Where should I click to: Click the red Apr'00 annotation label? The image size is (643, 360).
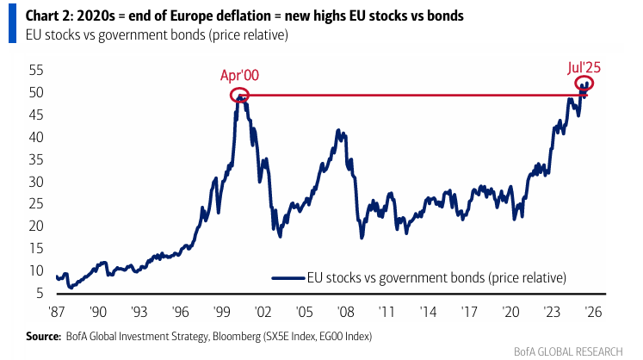coord(239,76)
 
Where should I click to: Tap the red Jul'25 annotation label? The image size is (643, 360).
coord(584,68)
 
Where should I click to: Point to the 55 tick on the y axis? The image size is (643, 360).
coord(36,71)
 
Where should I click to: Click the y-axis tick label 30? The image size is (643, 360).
coord(36,182)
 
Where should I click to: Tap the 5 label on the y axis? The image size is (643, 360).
coord(40,293)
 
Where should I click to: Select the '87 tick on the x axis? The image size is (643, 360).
coord(57,313)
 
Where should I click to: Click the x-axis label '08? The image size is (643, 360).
coord(346,313)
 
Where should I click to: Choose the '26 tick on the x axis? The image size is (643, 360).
coord(593,313)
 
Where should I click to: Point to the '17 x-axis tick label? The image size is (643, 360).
coord(469,313)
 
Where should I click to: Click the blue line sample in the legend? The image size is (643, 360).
coord(288,278)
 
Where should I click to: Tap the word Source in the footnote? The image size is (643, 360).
coord(43,337)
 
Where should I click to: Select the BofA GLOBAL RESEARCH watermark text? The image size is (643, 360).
coord(568,351)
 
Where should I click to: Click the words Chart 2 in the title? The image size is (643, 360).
coord(48,16)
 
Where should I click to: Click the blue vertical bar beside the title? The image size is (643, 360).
coord(12,23)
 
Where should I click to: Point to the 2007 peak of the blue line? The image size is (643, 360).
coord(338,130)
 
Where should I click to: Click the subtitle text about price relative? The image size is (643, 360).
coord(157,35)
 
